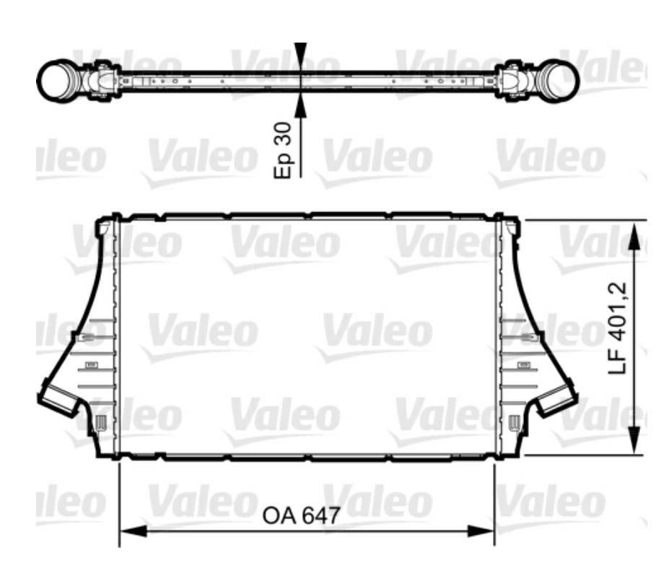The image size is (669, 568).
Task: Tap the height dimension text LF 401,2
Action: pyautogui.click(x=618, y=329)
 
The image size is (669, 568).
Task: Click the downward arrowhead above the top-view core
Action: pyautogui.click(x=301, y=58)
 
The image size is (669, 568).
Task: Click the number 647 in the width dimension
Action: pyautogui.click(x=320, y=516)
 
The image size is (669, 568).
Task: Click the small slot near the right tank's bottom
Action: pyautogui.click(x=513, y=423)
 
